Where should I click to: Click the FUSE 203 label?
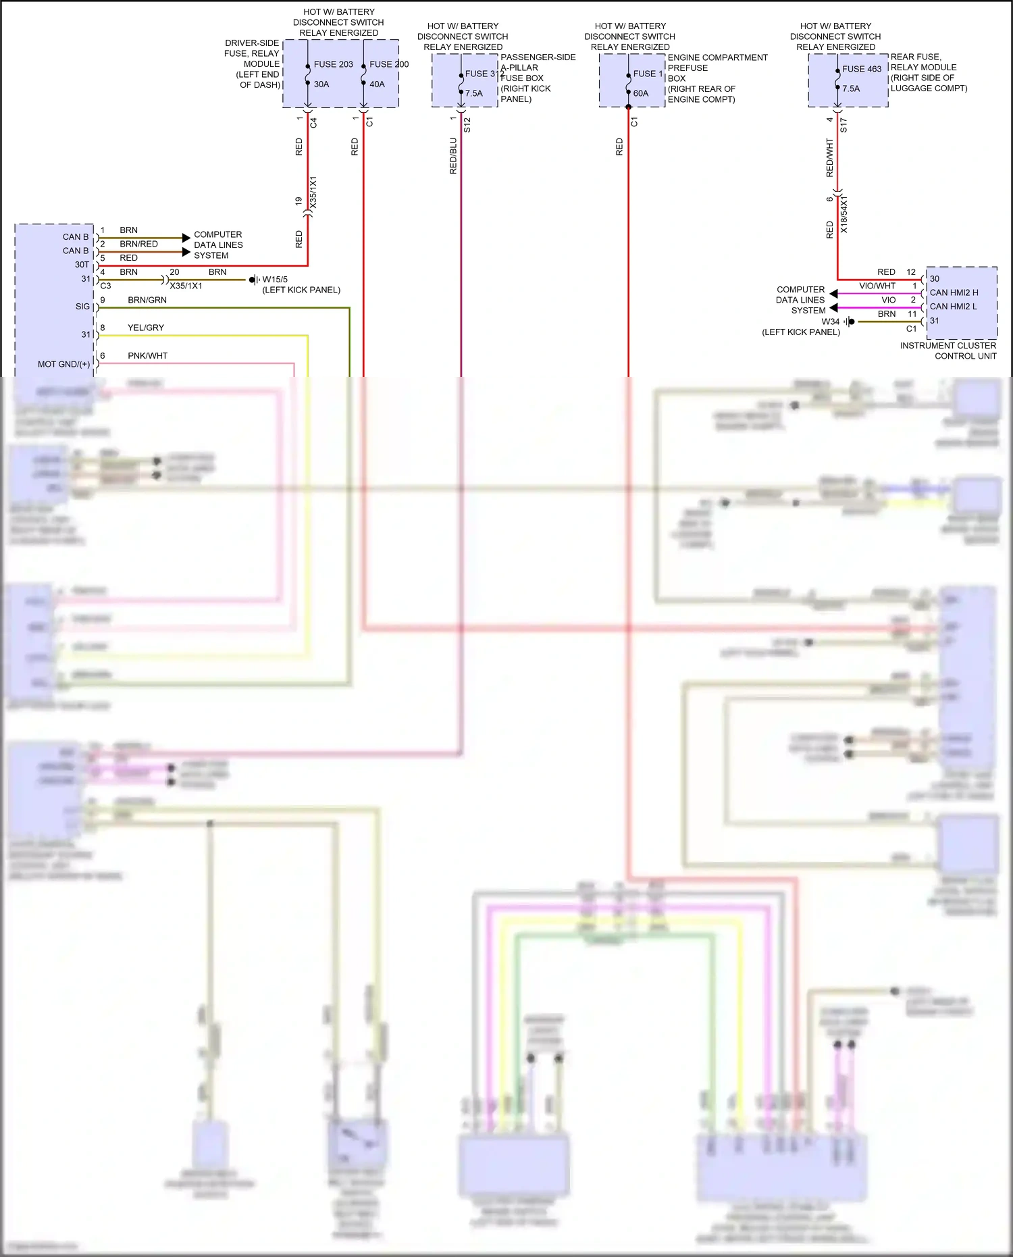(333, 64)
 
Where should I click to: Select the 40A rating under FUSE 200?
(377, 84)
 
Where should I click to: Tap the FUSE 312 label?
(484, 74)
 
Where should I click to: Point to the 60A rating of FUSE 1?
(640, 93)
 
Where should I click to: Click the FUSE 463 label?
(861, 69)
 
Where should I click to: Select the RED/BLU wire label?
(453, 156)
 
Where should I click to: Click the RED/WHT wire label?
(829, 157)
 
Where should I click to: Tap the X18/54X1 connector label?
(843, 215)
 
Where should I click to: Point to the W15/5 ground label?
(275, 280)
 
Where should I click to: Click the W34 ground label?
(830, 322)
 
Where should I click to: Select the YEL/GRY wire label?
(146, 328)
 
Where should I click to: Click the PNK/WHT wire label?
(147, 355)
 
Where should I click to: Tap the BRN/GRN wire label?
(147, 300)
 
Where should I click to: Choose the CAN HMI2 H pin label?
(954, 292)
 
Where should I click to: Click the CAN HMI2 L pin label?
(953, 307)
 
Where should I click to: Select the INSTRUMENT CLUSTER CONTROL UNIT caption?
(948, 351)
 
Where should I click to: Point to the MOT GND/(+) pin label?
(63, 364)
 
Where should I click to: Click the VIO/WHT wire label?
(877, 286)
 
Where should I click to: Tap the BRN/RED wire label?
(138, 244)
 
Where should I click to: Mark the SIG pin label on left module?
(82, 307)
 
